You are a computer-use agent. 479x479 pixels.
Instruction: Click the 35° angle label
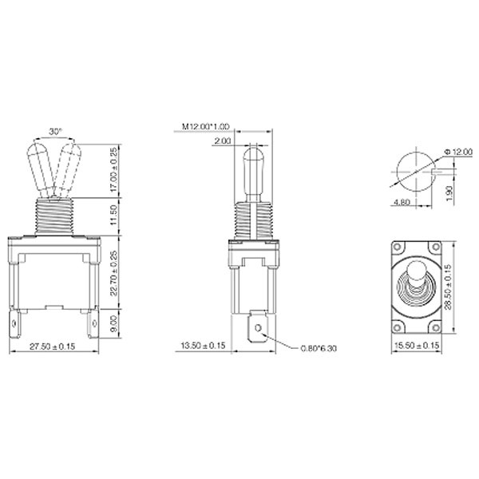(x=54, y=130)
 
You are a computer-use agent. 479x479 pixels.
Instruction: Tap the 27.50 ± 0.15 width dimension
(x=53, y=346)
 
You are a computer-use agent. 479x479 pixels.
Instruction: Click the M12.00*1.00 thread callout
(x=205, y=127)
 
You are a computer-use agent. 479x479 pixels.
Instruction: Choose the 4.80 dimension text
(x=402, y=202)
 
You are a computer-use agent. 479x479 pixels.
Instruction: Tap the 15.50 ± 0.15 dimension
(x=416, y=346)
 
